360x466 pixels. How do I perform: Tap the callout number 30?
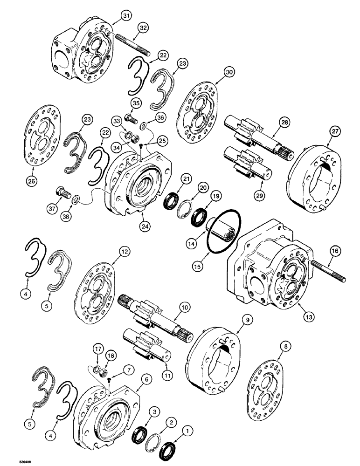click(228, 73)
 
